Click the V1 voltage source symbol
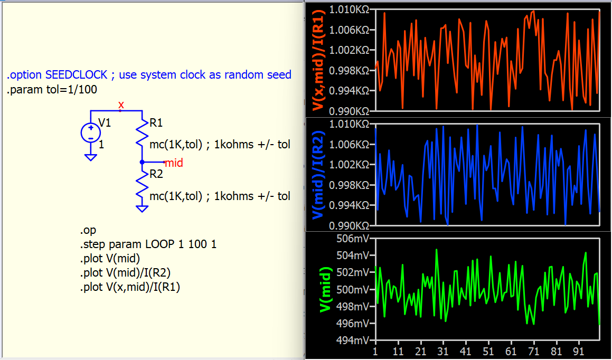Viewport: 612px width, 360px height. point(90,133)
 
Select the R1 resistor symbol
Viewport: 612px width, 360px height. point(142,135)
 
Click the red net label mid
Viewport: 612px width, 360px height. point(174,163)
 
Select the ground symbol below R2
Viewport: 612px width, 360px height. point(142,209)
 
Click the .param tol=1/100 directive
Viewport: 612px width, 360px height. point(52,90)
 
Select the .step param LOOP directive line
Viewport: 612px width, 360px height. point(148,245)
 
